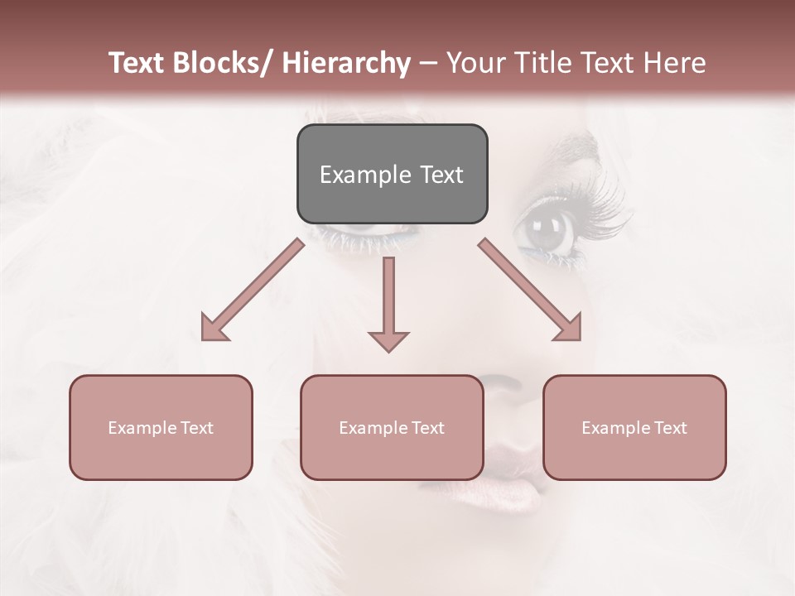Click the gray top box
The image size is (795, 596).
point(392,174)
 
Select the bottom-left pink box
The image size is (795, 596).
point(161,427)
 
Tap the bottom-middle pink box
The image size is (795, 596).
point(392,427)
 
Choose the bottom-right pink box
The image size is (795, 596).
point(634,427)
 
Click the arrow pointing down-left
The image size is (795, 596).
point(253,290)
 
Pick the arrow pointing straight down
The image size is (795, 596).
point(388,303)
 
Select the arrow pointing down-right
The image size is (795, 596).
point(530,290)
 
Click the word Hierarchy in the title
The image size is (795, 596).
point(346,63)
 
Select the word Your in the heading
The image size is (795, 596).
point(476,63)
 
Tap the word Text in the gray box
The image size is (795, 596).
point(441,175)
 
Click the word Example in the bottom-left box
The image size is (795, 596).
point(142,428)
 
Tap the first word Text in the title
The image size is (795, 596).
point(137,63)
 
